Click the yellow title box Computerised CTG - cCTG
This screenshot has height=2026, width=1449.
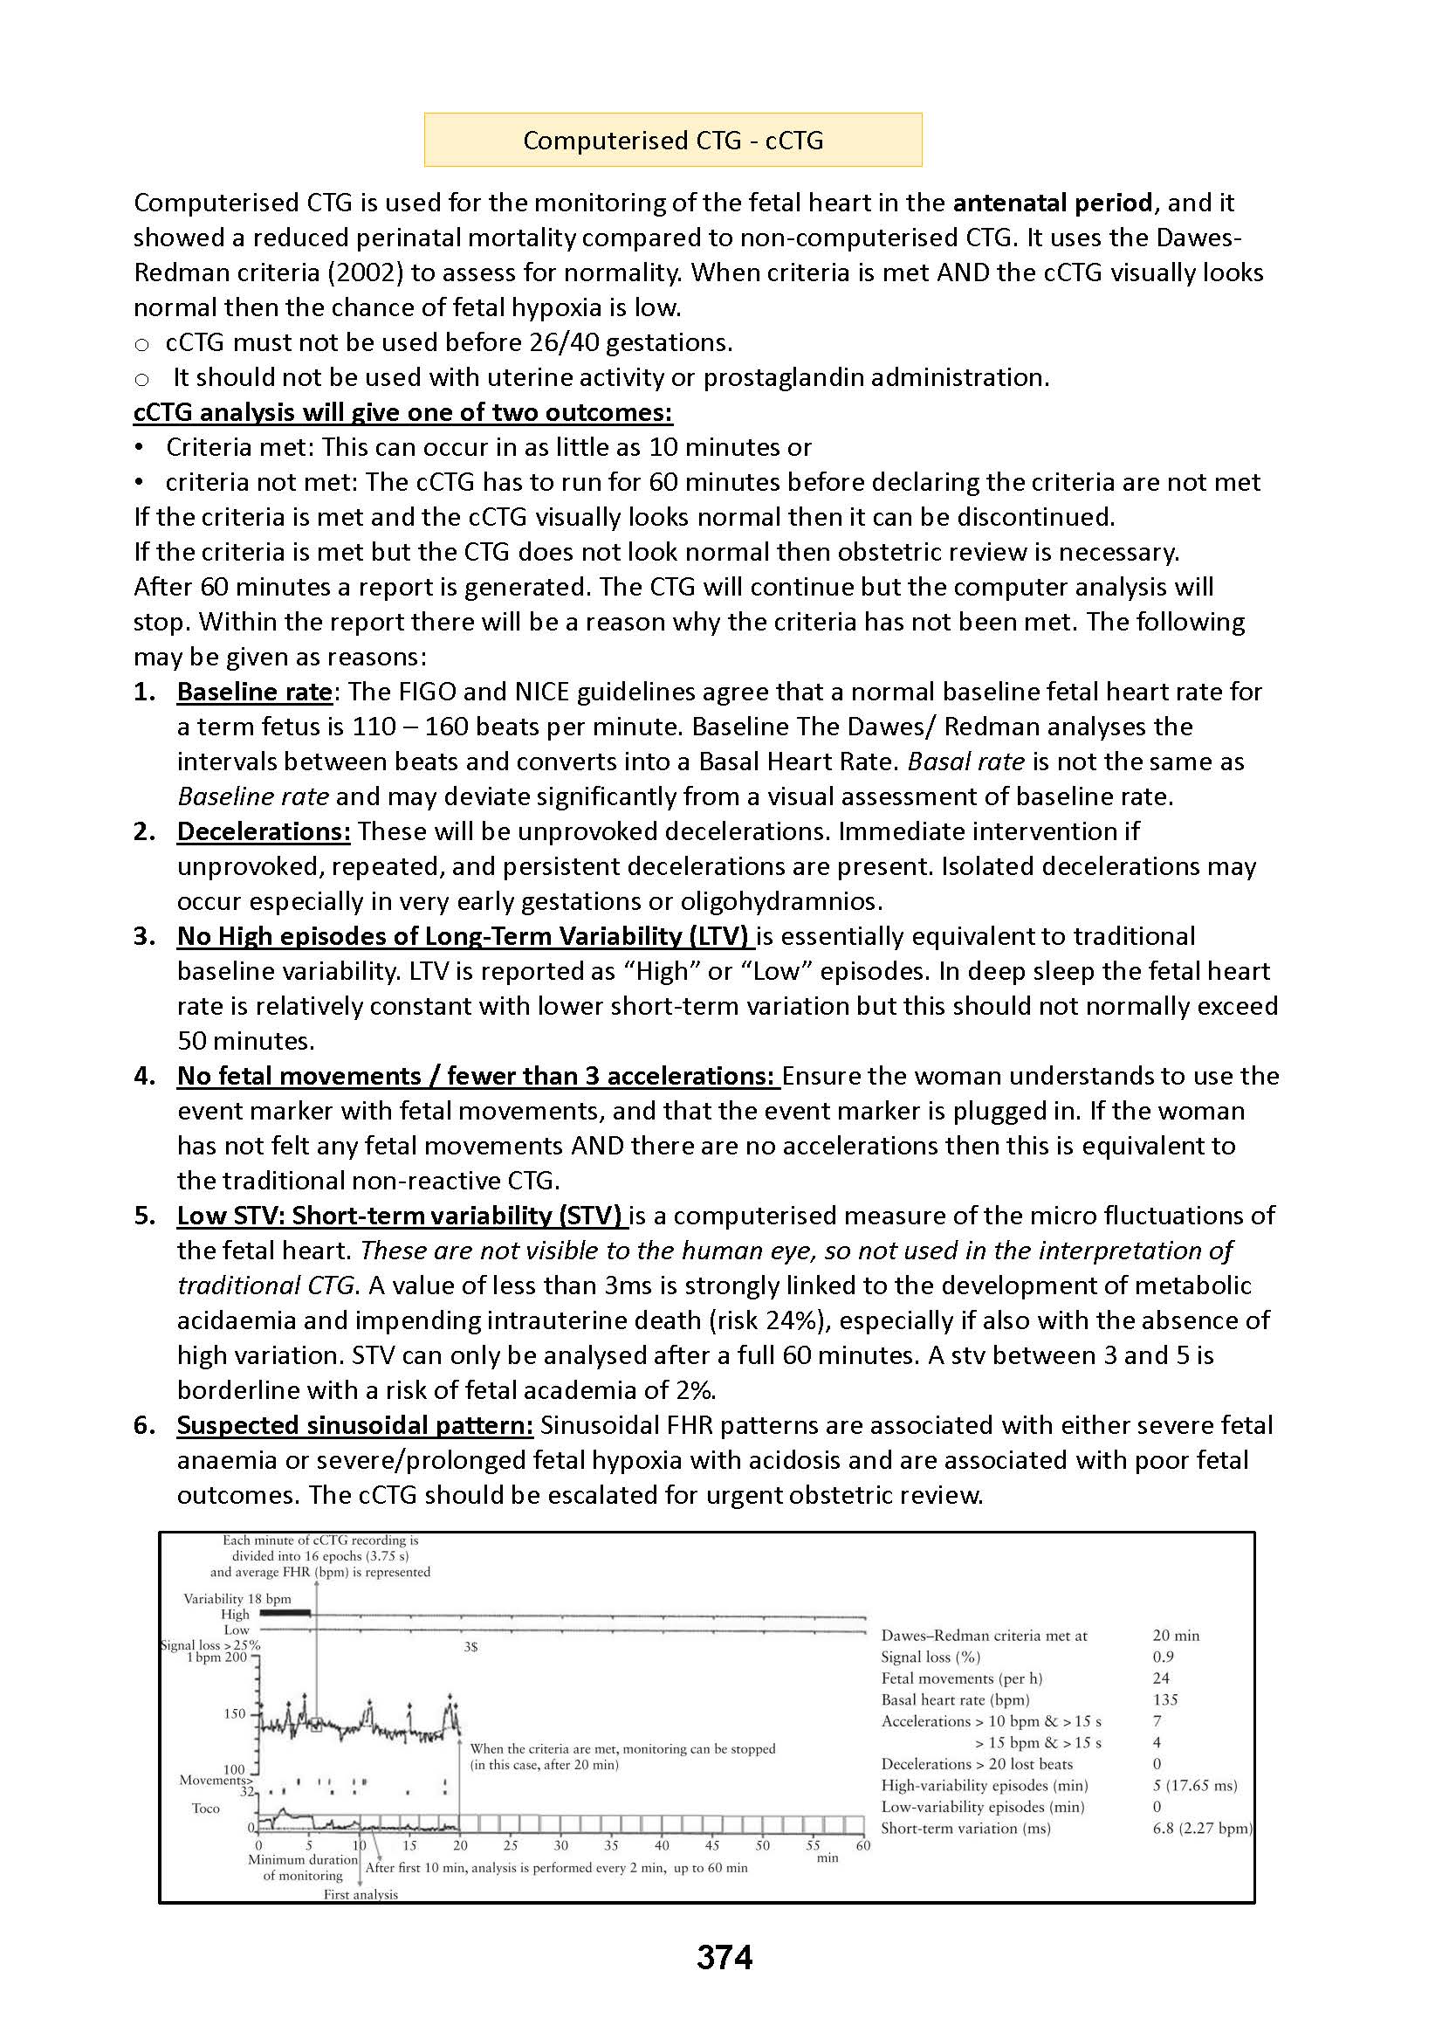[673, 140]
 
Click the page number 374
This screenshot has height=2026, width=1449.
[724, 1957]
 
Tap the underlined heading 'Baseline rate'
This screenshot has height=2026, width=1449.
[254, 692]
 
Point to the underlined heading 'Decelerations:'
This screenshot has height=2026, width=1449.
[264, 831]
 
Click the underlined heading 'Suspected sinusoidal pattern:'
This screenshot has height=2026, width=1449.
[354, 1424]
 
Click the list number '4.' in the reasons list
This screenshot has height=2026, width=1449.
[145, 1076]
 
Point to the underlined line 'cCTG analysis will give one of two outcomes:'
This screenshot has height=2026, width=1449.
[402, 412]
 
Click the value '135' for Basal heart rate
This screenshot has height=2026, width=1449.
[1164, 1699]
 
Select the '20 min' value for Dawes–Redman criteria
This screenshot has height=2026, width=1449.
[1175, 1635]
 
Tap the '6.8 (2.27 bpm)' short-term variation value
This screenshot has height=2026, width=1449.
[1202, 1828]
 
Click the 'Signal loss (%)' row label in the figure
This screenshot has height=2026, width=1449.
[930, 1657]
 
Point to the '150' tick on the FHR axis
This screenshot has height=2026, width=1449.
[234, 1713]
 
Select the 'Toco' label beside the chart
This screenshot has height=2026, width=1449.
[205, 1809]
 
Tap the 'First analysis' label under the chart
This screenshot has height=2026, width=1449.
[361, 1894]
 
